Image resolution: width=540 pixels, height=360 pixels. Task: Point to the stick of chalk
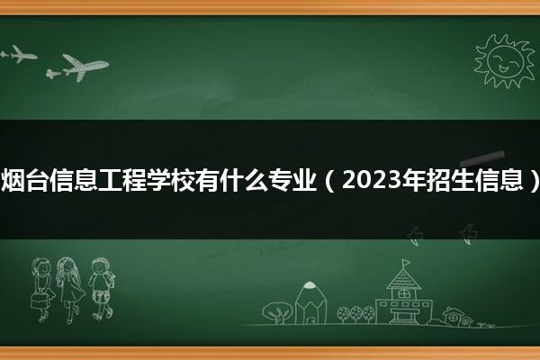point(482,158)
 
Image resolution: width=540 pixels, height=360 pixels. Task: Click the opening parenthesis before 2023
point(329,181)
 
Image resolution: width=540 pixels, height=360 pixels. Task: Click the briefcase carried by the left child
point(39,301)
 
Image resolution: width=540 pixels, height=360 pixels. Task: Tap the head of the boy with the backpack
point(100,266)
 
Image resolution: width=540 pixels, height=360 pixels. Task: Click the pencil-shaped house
point(310,303)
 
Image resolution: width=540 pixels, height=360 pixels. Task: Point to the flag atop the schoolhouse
point(407,263)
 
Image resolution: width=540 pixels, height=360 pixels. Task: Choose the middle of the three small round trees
point(355,314)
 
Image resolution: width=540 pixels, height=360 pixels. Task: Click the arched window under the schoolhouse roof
point(403,293)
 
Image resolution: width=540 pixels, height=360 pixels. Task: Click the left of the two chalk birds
point(415,235)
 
